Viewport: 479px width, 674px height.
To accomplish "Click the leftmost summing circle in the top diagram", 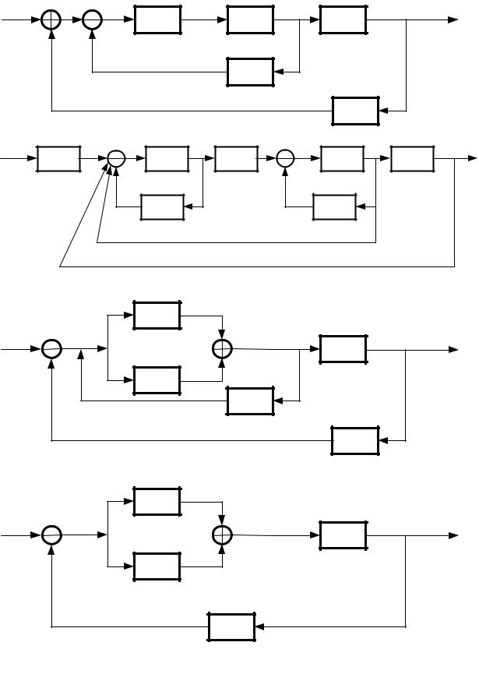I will (51, 19).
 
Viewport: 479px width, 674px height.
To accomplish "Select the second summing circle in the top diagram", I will (92, 19).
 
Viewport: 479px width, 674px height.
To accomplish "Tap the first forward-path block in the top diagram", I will (157, 19).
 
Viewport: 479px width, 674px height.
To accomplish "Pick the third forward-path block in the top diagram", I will (343, 19).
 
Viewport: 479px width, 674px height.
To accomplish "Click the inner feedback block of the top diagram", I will (250, 72).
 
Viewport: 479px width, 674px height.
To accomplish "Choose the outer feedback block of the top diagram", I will (355, 111).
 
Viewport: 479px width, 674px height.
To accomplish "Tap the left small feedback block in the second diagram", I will (162, 207).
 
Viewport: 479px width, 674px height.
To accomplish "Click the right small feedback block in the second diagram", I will (333, 207).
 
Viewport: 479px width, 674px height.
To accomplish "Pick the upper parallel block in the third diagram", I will (157, 315).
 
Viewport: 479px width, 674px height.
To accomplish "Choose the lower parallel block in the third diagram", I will (157, 380).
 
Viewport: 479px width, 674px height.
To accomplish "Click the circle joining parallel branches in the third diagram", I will (223, 349).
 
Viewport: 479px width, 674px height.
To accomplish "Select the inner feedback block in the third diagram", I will (250, 401).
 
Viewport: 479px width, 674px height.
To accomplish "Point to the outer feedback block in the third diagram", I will (355, 440).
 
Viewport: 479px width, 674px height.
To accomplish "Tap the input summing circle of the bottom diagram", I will (51, 535).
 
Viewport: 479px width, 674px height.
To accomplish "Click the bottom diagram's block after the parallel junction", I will (343, 535).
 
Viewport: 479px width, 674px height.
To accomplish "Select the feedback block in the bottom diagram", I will (231, 626).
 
